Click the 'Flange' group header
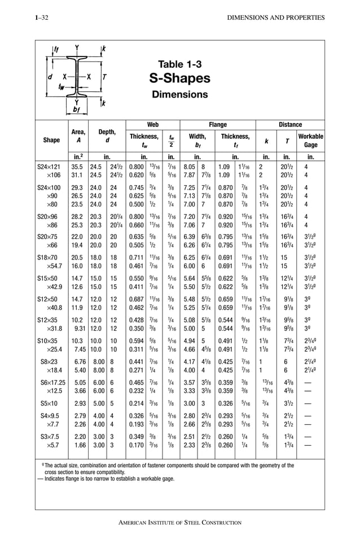pos(218,125)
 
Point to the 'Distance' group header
pos(290,125)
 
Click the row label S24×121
pos(51,168)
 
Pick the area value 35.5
pos(76,168)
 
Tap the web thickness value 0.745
pos(136,187)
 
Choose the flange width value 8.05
pos(190,168)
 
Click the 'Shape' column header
pos(51,141)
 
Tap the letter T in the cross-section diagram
pos(105,76)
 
